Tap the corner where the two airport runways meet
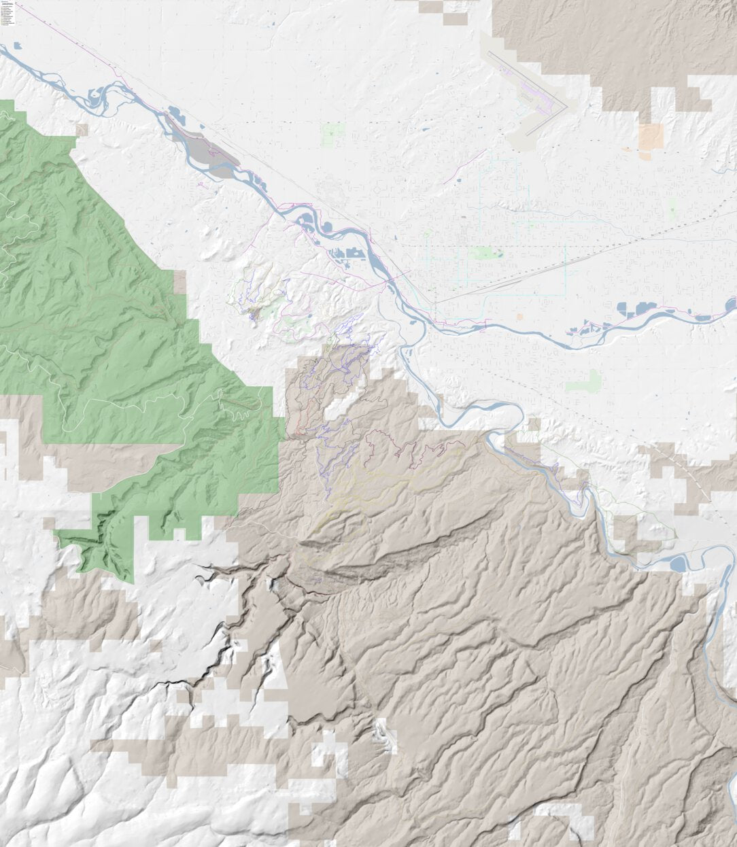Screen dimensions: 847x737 (566, 107)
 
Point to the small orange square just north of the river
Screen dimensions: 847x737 (519, 317)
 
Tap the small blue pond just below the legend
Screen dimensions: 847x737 (17, 46)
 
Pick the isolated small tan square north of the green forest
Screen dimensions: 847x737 (82, 129)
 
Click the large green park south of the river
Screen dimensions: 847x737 (583, 381)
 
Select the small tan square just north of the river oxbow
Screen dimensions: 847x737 (534, 424)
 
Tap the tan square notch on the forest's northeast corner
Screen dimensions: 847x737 (179, 282)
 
